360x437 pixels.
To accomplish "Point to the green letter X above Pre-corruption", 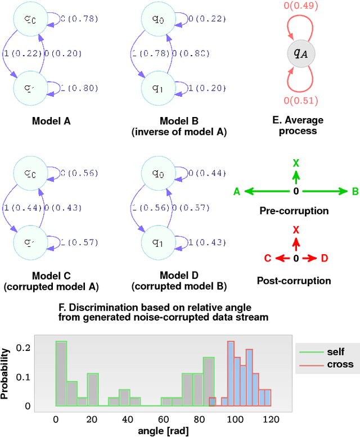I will [296, 163].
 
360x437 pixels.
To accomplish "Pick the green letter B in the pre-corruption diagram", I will [355, 192].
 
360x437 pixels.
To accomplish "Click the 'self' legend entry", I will [336, 352].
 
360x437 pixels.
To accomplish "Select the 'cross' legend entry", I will [340, 364].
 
